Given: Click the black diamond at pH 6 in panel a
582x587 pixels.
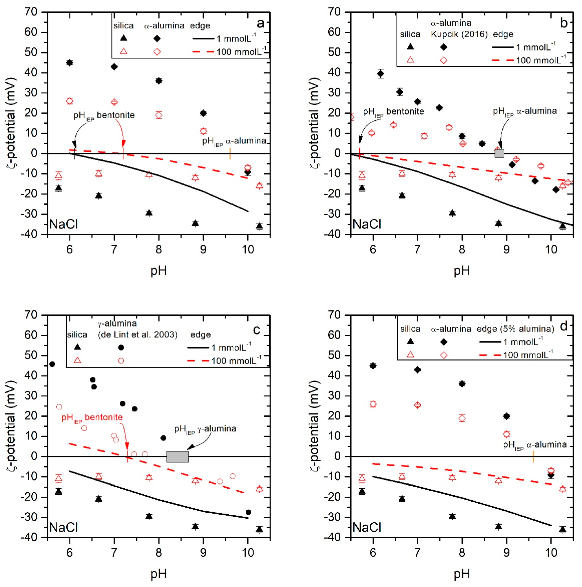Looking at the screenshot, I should point(70,63).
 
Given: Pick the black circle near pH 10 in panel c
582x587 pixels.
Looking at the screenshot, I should point(248,512).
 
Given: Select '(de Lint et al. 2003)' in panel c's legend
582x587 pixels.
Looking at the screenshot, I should point(137,334).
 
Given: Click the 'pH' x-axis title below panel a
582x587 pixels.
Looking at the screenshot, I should point(158,271).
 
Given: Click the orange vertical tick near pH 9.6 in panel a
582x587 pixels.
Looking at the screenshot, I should point(230,153).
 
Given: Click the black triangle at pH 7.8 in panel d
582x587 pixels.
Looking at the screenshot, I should point(452,516).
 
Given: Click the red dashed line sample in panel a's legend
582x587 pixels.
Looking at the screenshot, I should point(203,52).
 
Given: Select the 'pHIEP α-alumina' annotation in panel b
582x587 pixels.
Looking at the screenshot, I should point(525,111).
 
